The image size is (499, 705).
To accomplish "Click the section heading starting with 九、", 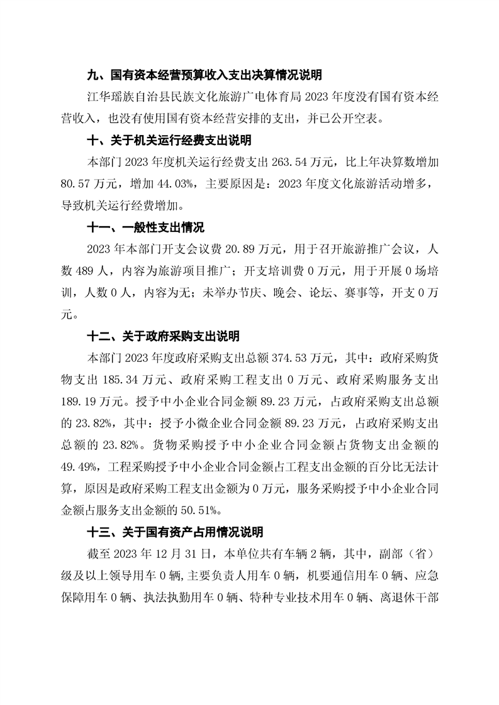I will coord(204,75).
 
